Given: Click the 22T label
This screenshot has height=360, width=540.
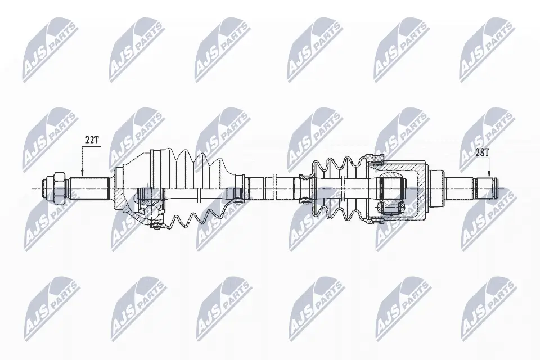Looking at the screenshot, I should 92,140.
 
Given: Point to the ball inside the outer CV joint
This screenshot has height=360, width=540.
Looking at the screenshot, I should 151,212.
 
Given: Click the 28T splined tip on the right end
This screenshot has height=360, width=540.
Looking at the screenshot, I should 487,188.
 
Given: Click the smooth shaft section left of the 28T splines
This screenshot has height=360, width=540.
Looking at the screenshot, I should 461,188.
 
